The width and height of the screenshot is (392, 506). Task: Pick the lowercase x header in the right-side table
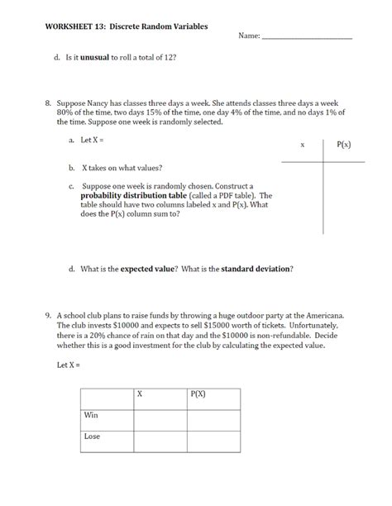click(302, 145)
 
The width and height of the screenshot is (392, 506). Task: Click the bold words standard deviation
click(256, 269)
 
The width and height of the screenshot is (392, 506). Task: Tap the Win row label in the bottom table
click(91, 414)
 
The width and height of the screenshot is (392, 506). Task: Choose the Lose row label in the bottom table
click(92, 435)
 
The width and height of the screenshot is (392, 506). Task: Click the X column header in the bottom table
click(139, 394)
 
